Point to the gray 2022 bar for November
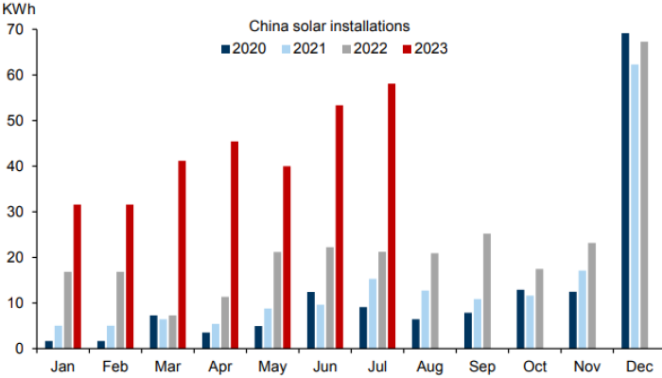point(591,296)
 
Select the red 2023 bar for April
point(235,245)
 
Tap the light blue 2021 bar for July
point(373,314)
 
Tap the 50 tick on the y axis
point(16,121)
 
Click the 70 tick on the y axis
point(16,29)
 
